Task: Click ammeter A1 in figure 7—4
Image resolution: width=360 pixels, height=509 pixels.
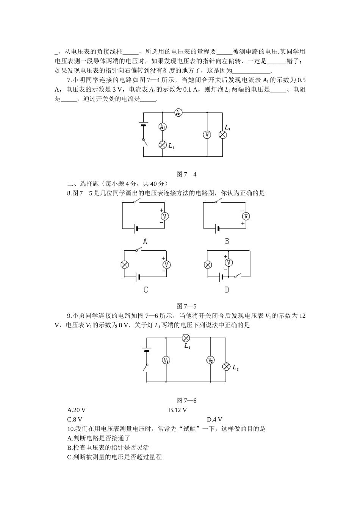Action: pos(178,112)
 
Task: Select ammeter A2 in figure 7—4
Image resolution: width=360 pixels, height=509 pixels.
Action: pos(163,127)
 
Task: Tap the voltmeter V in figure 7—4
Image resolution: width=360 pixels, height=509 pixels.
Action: pos(207,134)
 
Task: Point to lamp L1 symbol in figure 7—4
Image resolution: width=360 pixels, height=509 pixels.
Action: pos(223,134)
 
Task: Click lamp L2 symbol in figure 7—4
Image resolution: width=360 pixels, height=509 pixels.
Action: pos(163,145)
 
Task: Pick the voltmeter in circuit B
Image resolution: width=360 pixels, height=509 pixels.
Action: pos(246,216)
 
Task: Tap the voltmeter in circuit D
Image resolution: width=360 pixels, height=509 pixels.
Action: pos(228,262)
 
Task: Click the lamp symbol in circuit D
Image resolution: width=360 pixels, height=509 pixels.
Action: pos(208,265)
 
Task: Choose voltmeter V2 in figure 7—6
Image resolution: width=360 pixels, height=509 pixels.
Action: pos(211,360)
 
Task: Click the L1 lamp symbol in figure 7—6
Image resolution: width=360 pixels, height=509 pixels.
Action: pos(186,338)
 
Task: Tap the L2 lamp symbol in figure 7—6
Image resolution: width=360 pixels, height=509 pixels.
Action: pos(226,366)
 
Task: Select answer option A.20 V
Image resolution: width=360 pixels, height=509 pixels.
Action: pos(77,410)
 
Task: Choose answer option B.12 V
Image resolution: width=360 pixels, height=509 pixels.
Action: pos(178,410)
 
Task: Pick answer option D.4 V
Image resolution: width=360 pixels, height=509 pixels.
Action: pos(214,420)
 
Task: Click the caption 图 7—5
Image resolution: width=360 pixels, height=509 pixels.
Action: pos(186,306)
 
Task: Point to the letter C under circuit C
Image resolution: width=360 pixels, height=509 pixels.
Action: pos(146,290)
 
